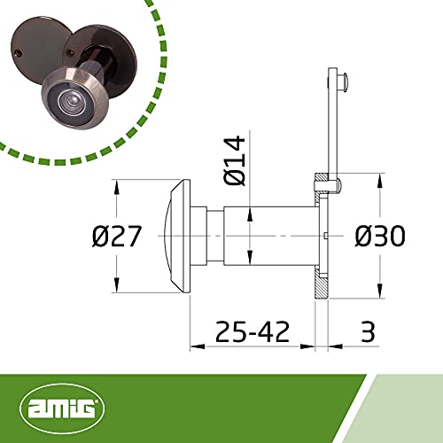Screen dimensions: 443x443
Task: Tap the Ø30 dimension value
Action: tap(380, 237)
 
